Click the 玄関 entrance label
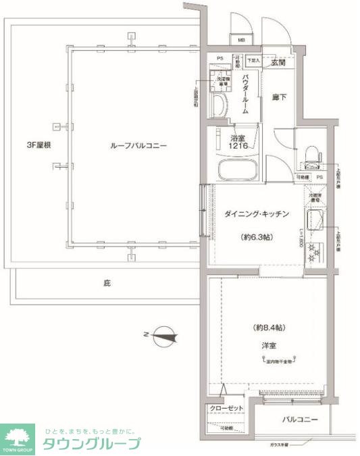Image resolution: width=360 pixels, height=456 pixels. pos(278,63)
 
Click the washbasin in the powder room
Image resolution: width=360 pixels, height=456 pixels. pos(220,105)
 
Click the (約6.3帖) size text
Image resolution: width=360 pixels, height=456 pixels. pos(257,238)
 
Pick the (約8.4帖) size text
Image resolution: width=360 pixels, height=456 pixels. pos(269,327)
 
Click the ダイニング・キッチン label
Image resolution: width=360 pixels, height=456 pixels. pos(257,214)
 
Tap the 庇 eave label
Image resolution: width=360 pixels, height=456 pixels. pos(107,284)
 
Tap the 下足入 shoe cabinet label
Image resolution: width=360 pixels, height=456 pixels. pos(253,61)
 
